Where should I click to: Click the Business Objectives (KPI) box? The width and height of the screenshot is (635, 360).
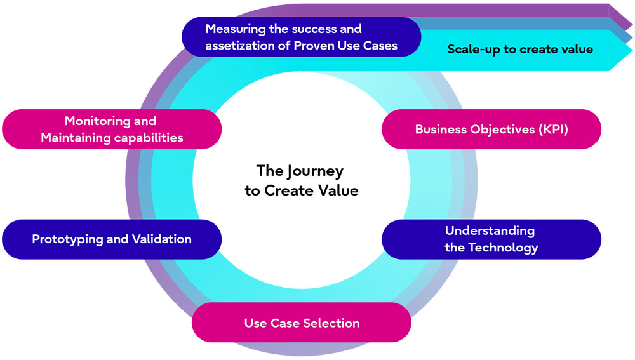[491, 129]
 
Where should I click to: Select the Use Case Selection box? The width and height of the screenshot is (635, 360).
[302, 323]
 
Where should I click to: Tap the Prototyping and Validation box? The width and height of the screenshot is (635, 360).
[112, 239]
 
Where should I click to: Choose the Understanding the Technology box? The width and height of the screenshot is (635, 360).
[491, 239]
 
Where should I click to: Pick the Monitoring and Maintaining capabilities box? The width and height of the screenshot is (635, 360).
[112, 129]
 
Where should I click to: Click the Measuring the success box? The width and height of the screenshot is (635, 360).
[302, 37]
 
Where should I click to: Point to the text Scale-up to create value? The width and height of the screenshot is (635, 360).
[520, 49]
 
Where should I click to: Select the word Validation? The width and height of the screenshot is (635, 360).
[161, 239]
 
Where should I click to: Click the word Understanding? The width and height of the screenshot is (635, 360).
[490, 230]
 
